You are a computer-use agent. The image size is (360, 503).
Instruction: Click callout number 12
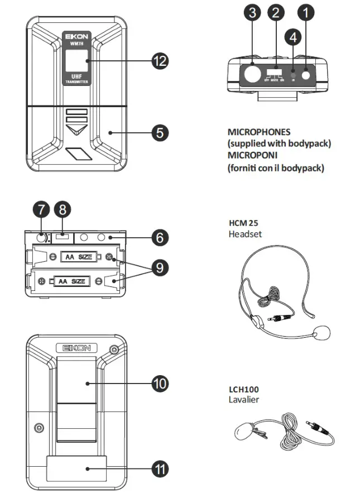click(160, 61)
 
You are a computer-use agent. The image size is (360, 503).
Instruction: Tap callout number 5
click(160, 132)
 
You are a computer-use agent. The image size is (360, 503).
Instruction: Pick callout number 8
click(63, 210)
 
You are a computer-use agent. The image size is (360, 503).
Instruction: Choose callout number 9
click(160, 267)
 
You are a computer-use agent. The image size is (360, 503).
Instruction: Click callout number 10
click(160, 383)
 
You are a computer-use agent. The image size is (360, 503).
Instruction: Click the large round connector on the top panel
click(253, 73)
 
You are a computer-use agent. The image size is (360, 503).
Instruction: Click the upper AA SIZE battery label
click(74, 257)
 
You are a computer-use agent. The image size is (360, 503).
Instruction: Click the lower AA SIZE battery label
click(72, 281)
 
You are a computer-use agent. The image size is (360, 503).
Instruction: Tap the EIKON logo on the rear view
click(75, 347)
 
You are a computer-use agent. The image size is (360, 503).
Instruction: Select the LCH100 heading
click(243, 389)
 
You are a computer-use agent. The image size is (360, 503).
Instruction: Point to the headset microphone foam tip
click(321, 334)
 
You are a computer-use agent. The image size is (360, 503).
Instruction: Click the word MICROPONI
click(255, 156)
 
